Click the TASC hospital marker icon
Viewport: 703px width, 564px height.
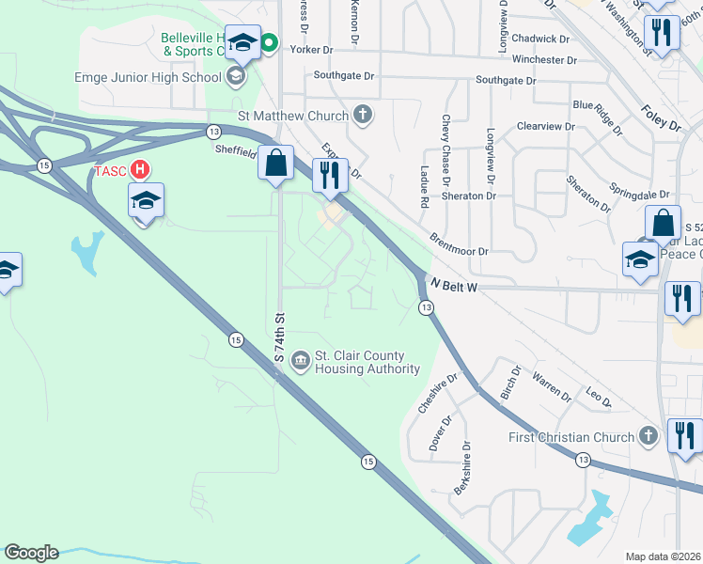pos(139,170)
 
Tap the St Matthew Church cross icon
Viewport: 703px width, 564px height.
pos(363,116)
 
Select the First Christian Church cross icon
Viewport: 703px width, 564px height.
pos(647,436)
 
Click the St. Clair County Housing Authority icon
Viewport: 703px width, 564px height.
pos(300,359)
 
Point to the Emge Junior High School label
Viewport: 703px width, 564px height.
pos(148,77)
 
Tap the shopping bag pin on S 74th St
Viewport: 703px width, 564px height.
pos(276,163)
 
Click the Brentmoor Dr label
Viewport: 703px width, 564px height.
pos(459,244)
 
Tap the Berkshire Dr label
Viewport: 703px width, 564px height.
pos(461,477)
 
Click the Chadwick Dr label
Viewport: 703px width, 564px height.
pos(541,39)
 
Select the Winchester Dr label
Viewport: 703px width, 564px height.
pos(544,59)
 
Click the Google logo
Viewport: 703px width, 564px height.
pos(31,553)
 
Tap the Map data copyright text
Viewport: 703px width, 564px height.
pos(664,556)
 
